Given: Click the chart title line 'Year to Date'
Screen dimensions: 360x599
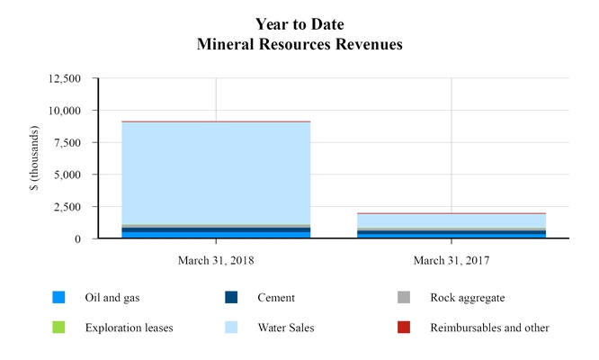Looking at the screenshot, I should click(299, 23).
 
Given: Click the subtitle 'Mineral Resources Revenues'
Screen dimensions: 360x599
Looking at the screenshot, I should click(299, 42).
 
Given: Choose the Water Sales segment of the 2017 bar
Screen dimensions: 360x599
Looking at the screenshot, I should click(451, 220).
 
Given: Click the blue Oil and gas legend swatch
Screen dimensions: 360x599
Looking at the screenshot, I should click(58, 298).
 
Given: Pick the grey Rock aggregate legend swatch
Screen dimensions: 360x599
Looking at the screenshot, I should click(404, 298).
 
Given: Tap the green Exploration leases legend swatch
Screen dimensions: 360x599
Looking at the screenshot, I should click(58, 328).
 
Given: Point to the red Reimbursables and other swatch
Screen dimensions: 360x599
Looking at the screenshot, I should click(404, 328).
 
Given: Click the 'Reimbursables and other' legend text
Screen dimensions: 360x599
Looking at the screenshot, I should click(489, 328).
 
